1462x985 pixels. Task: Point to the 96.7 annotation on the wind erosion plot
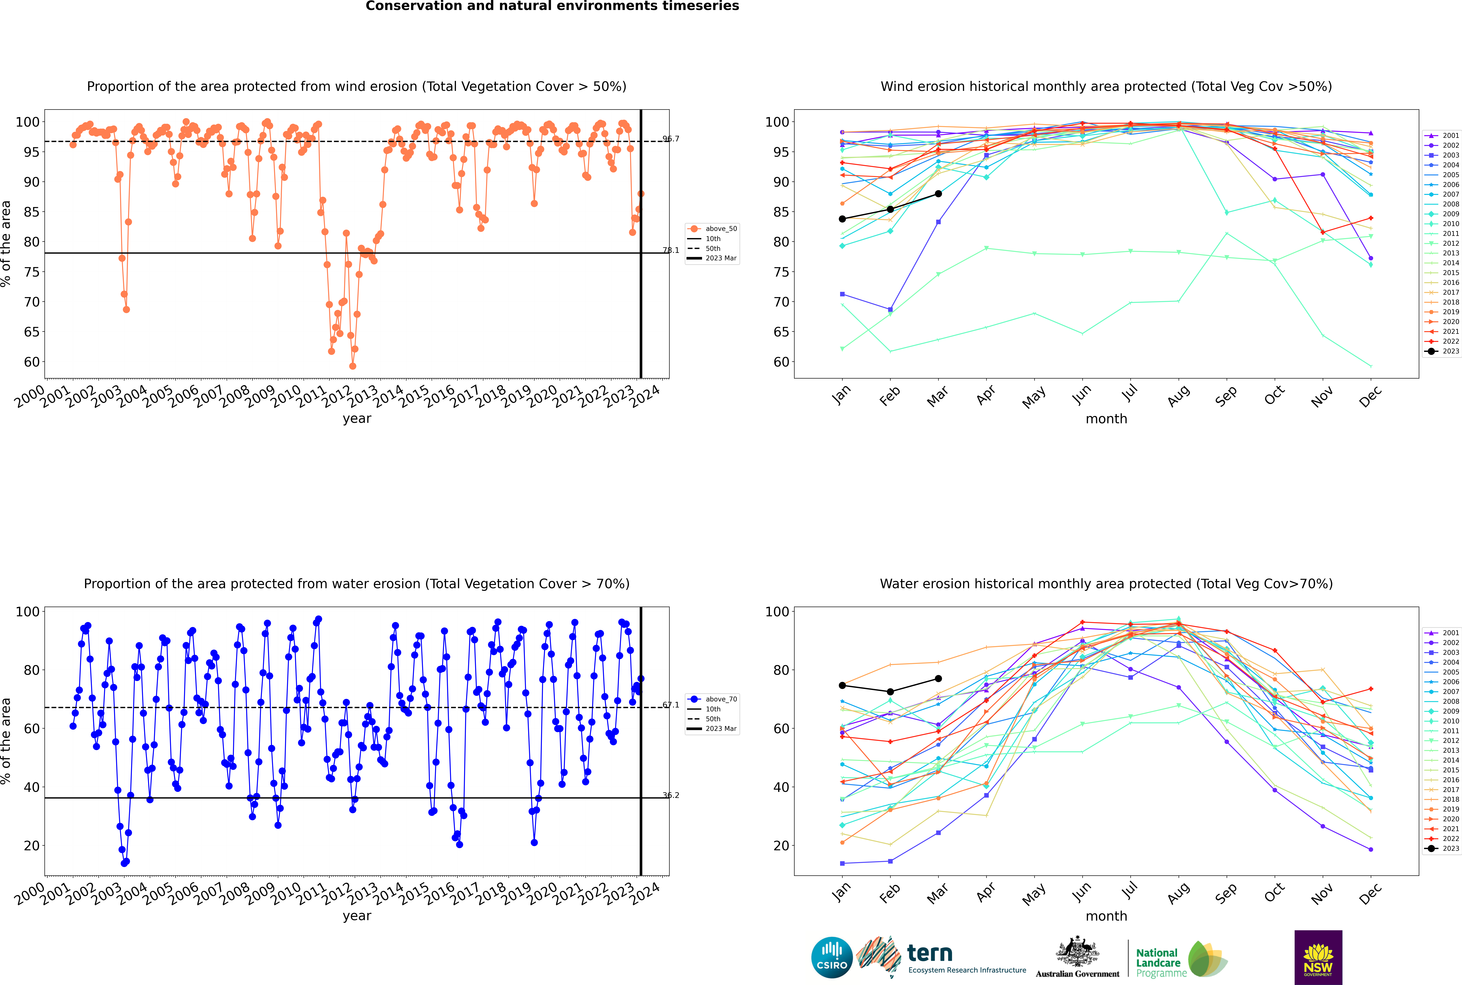[671, 139]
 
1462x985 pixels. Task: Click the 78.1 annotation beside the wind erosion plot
[671, 250]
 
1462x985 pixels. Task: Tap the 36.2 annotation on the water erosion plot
[671, 795]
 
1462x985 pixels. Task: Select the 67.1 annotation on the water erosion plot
[671, 705]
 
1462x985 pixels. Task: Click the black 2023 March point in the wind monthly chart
[938, 193]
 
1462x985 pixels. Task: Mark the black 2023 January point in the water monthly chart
[842, 685]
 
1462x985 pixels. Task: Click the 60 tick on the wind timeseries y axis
[31, 362]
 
